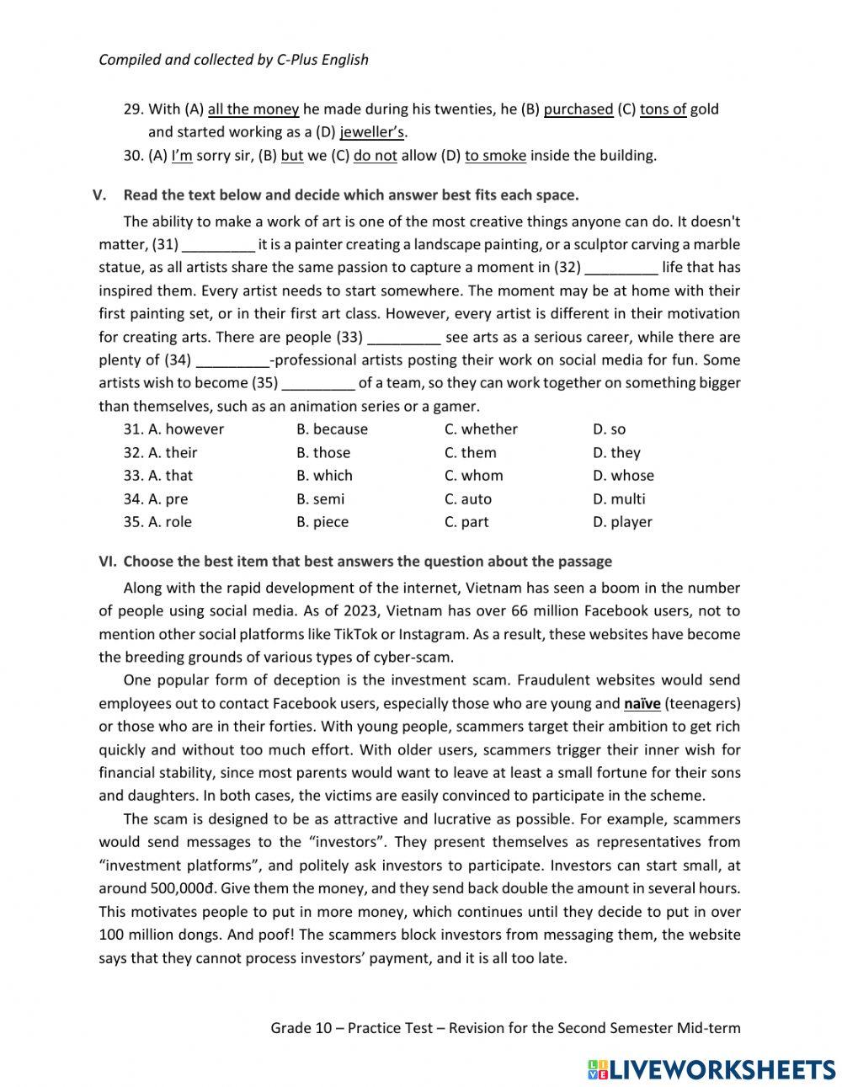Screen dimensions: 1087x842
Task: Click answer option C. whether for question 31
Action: tap(481, 429)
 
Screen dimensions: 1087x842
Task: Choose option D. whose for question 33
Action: tap(622, 476)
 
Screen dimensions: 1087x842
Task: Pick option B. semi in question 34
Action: tap(320, 499)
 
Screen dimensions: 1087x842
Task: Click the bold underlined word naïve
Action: tap(642, 703)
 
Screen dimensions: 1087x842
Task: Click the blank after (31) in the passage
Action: tap(218, 245)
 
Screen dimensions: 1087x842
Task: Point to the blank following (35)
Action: tap(318, 383)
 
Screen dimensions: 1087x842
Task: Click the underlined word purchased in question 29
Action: tap(578, 109)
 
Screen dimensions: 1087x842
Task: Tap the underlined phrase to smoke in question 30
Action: tap(495, 156)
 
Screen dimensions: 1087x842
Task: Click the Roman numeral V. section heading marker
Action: tap(100, 195)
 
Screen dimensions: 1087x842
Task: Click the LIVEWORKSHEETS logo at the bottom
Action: tap(711, 1068)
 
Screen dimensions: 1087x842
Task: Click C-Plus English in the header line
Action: tap(322, 60)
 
